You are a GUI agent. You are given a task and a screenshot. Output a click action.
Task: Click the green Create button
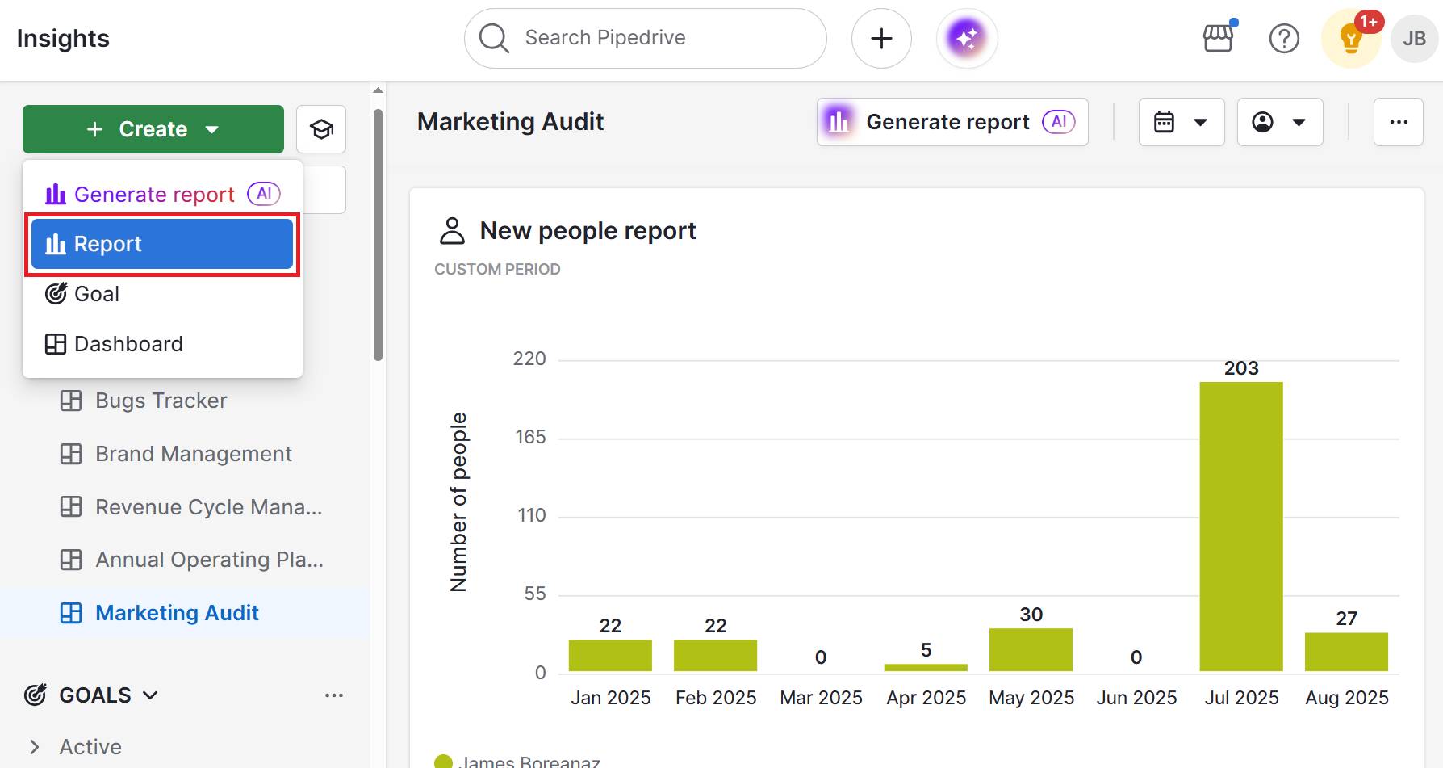[x=153, y=129]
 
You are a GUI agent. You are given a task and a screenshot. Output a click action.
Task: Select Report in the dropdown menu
[x=161, y=244]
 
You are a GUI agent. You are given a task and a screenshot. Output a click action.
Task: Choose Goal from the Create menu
[x=97, y=294]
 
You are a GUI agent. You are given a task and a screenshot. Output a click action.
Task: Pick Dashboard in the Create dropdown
[x=128, y=344]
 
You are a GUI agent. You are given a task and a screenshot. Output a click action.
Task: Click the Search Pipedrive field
[x=646, y=38]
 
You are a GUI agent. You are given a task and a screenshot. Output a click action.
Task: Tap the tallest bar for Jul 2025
[x=1240, y=525]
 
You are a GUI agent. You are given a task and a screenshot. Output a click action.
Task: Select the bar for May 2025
[x=1031, y=649]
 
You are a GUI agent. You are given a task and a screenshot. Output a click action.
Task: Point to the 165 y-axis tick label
[x=530, y=437]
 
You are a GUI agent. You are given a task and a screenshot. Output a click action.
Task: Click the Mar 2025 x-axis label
[x=821, y=698]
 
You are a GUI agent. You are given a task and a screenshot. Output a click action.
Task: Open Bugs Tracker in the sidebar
[x=161, y=401]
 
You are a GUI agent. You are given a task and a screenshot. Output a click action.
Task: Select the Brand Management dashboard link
[x=193, y=454]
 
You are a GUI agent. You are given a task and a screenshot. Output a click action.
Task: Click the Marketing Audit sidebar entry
[x=177, y=613]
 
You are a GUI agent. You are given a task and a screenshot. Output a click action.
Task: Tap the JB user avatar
[x=1414, y=38]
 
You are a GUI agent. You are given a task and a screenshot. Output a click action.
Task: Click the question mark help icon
[x=1283, y=38]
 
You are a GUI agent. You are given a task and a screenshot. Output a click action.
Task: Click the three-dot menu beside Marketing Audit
[x=1398, y=122]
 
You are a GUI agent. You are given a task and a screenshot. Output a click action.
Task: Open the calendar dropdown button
[x=1181, y=122]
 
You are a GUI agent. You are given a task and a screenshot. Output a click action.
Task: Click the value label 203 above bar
[x=1240, y=368]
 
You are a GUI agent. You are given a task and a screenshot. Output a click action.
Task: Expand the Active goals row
[x=35, y=747]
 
